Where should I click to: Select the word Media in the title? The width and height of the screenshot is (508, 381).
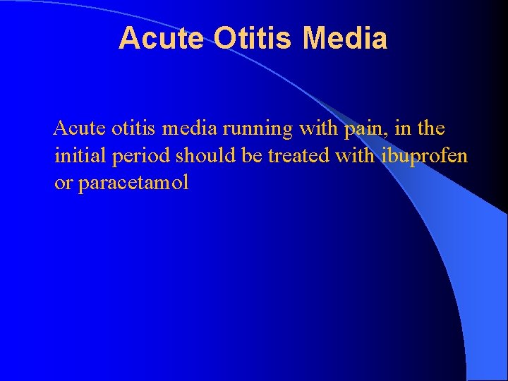point(345,38)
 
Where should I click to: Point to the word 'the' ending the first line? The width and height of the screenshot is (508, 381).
point(432,128)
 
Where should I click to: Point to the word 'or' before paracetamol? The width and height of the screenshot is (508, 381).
point(64,183)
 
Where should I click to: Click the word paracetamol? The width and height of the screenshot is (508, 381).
point(133,183)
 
